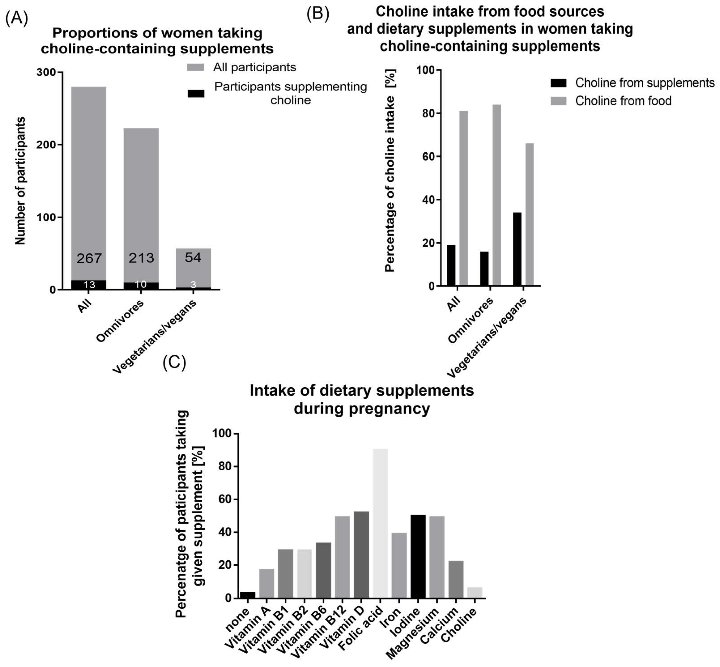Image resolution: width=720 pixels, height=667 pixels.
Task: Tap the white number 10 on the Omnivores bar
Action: tap(141, 285)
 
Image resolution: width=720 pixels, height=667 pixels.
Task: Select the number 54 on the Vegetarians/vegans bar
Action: tap(193, 257)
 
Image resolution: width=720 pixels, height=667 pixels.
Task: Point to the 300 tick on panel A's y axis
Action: tap(46, 72)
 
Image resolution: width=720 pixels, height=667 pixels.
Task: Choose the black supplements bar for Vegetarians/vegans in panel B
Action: tap(517, 249)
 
